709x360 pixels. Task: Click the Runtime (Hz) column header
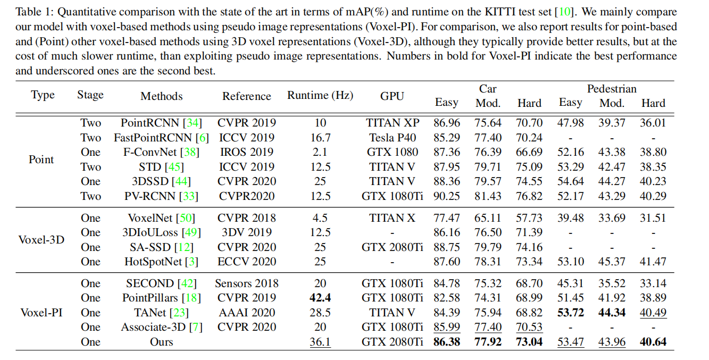pos(320,96)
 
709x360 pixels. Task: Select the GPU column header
pos(392,96)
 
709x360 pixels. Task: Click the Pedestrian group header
pos(612,89)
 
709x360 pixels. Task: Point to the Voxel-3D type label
pos(41,240)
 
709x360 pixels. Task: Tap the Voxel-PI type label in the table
pos(41,313)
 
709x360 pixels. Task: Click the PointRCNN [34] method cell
pos(161,123)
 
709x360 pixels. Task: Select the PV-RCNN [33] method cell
pos(161,196)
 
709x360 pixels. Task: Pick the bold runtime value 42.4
pos(320,298)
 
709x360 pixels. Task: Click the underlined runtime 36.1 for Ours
pos(320,342)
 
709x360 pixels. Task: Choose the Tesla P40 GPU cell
pos(393,138)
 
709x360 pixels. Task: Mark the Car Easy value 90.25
pos(447,196)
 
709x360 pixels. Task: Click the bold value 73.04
pos(529,342)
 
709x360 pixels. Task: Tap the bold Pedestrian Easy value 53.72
pos(571,313)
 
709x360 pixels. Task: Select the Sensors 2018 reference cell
pos(247,283)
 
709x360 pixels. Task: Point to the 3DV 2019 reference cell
pos(247,232)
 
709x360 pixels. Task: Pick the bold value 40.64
pos(653,342)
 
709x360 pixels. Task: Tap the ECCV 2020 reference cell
pos(247,262)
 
